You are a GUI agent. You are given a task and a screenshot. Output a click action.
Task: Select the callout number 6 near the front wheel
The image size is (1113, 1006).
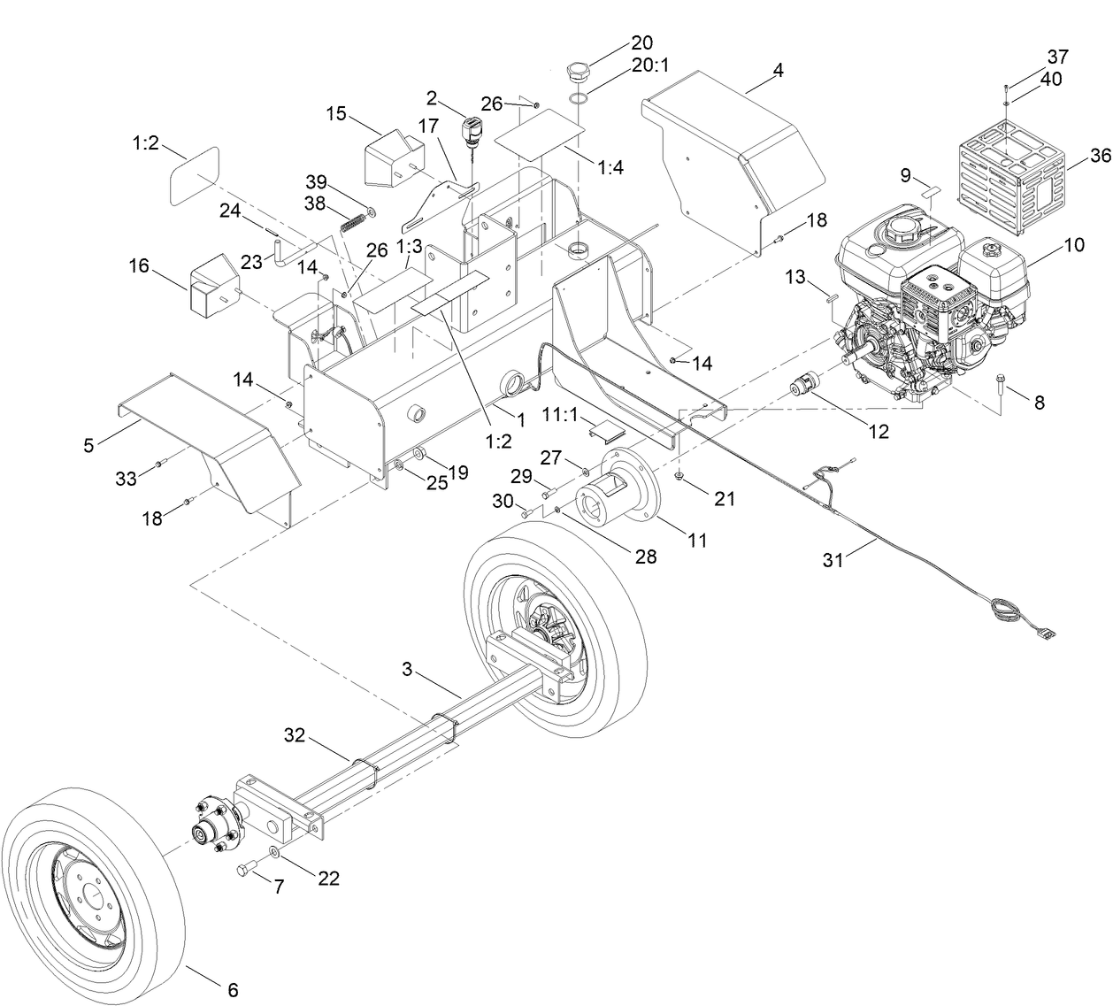pyautogui.click(x=233, y=990)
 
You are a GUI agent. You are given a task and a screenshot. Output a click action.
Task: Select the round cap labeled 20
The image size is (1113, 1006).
pyautogui.click(x=579, y=71)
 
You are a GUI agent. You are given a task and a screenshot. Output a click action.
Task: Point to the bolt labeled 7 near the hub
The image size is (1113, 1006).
pyautogui.click(x=246, y=870)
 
